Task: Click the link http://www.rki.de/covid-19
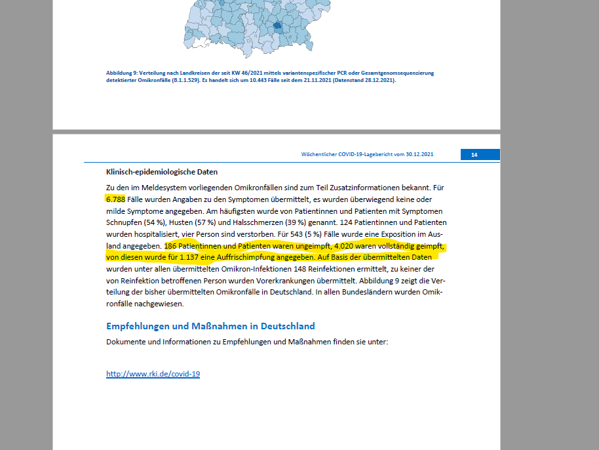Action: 153,374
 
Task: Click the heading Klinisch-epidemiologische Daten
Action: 161,172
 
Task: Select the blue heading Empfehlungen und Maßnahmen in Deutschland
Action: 210,326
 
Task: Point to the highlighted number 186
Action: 172,246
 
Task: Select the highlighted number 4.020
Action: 347,246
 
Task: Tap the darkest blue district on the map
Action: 278,27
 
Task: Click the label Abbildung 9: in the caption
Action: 123,73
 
